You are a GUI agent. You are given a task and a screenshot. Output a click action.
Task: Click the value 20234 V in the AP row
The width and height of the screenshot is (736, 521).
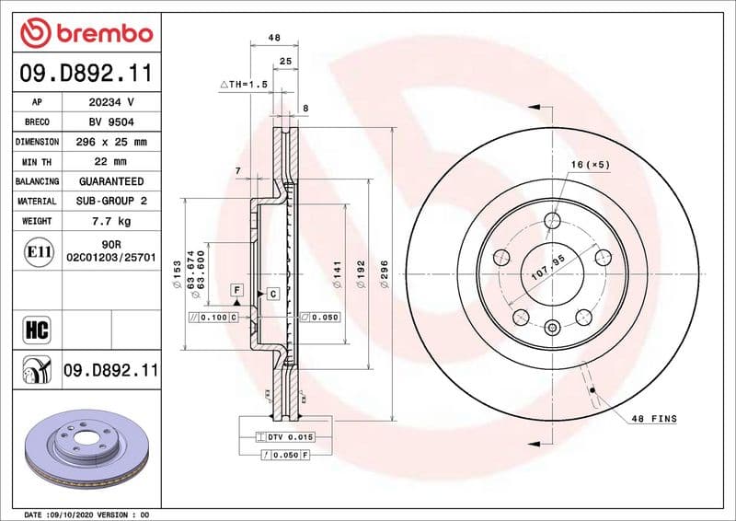[x=111, y=102]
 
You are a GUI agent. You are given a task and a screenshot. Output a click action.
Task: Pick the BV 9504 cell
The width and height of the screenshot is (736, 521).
[x=111, y=122]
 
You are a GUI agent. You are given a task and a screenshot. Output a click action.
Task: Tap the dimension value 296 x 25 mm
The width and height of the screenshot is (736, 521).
[x=111, y=142]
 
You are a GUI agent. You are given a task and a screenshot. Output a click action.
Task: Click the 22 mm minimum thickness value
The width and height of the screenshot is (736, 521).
[x=111, y=162]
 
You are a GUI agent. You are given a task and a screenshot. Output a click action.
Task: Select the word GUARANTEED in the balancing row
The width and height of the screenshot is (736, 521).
[x=111, y=181]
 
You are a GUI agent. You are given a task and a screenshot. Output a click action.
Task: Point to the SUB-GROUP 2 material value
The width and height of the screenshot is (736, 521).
[x=111, y=201]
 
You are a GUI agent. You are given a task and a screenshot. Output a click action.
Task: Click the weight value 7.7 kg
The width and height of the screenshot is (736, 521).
[x=111, y=221]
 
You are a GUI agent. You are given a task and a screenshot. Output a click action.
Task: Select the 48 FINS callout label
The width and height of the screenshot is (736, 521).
[x=653, y=419]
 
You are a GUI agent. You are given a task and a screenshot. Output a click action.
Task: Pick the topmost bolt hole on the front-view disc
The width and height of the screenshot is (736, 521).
[x=552, y=221]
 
